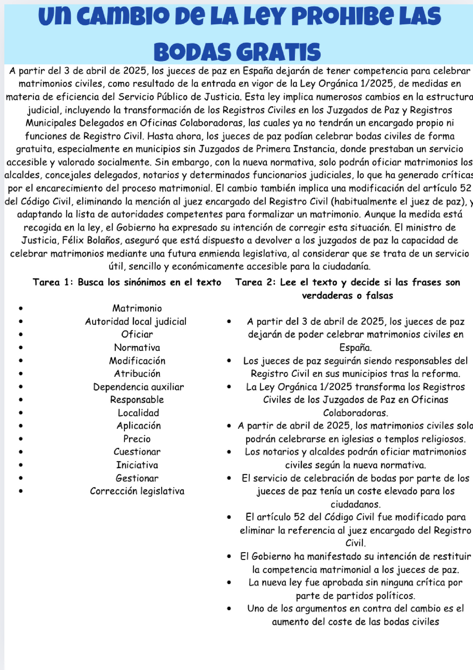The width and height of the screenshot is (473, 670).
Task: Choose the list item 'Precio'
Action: click(137, 439)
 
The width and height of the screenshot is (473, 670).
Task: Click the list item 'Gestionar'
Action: click(137, 478)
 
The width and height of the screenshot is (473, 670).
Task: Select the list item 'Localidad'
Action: click(138, 413)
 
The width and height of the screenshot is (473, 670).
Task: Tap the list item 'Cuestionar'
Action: click(137, 452)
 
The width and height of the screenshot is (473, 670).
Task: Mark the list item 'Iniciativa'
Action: click(137, 465)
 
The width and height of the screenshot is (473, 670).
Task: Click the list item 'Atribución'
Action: click(137, 374)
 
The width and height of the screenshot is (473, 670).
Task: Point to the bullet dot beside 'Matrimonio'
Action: click(20, 308)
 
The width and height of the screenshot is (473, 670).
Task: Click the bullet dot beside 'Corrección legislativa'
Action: click(20, 491)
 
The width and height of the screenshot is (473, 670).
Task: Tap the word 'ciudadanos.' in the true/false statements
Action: click(355, 504)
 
